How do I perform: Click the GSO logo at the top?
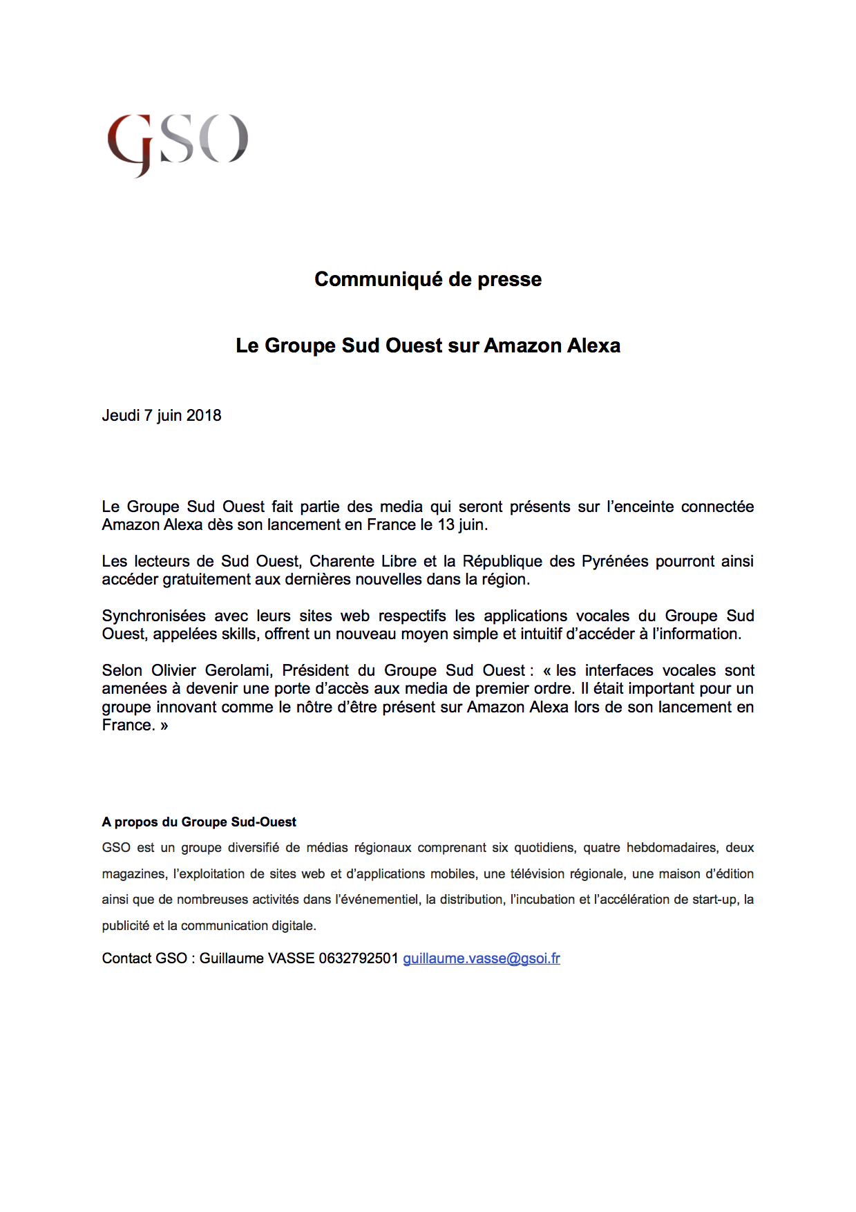pyautogui.click(x=178, y=143)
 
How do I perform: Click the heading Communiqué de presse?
pyautogui.click(x=428, y=279)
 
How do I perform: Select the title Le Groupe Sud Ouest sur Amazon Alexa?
pyautogui.click(x=428, y=345)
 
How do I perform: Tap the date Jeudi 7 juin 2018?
pyautogui.click(x=162, y=415)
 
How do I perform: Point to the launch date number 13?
pyautogui.click(x=446, y=525)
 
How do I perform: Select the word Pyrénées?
pyautogui.click(x=615, y=561)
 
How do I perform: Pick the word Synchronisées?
pyautogui.click(x=154, y=616)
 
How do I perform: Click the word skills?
pyautogui.click(x=240, y=634)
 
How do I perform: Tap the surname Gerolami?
pyautogui.click(x=240, y=670)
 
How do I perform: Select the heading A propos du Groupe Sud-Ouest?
pyautogui.click(x=199, y=822)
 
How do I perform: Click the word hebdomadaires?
pyautogui.click(x=672, y=848)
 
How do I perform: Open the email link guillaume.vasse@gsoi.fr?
pyautogui.click(x=482, y=958)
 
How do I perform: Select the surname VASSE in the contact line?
pyautogui.click(x=291, y=958)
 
